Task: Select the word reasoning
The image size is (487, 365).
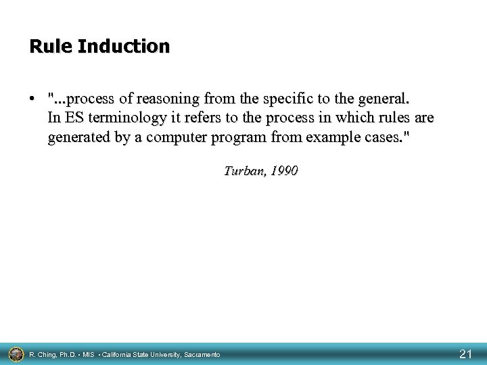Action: (x=175, y=101)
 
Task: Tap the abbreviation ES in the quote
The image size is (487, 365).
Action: (x=71, y=118)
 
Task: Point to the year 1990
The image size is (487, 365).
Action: (x=283, y=171)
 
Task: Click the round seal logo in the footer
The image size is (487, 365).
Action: (x=14, y=352)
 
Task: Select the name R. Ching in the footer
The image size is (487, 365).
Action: (x=45, y=354)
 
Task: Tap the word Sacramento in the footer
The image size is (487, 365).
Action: (x=200, y=354)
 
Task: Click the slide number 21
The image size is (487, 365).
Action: (x=465, y=352)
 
